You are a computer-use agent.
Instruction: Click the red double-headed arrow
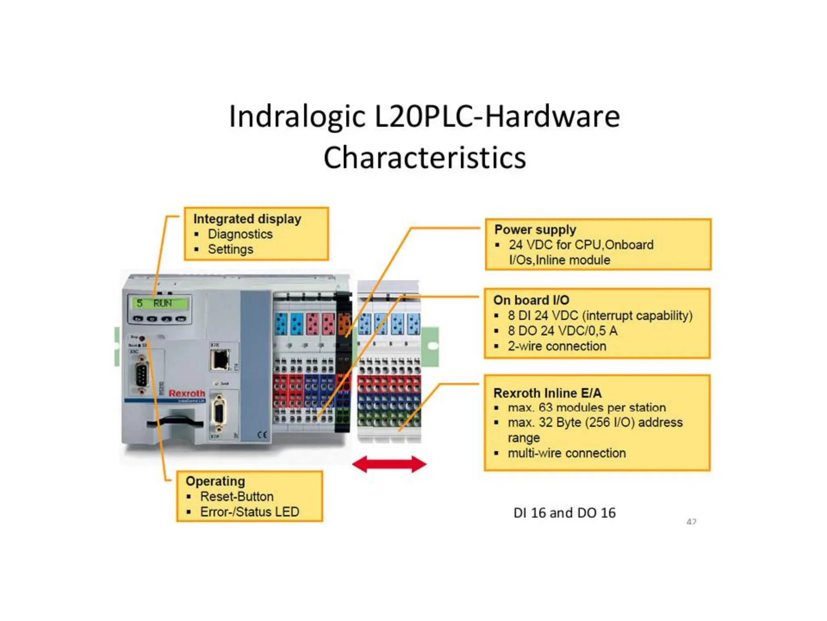click(x=389, y=464)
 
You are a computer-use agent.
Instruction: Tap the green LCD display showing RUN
click(x=160, y=303)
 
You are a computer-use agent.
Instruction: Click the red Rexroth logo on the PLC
click(x=187, y=393)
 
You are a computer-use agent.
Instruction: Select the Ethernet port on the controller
click(x=220, y=359)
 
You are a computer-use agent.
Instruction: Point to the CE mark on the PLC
click(x=262, y=435)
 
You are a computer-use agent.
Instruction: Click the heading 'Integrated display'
click(x=247, y=219)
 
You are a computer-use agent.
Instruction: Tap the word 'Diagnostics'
click(x=240, y=234)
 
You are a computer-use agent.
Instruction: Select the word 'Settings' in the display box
click(x=230, y=249)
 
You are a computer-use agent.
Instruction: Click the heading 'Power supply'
click(x=535, y=230)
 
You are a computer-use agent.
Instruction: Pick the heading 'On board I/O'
click(x=531, y=300)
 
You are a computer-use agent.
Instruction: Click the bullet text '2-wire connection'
click(x=557, y=346)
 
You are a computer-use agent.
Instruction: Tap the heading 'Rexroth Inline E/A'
click(x=547, y=393)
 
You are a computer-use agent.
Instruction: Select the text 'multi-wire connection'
click(x=567, y=453)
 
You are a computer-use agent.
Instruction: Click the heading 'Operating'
click(x=215, y=481)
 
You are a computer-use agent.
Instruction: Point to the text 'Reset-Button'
click(x=237, y=496)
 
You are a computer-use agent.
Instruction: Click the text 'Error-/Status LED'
click(x=250, y=512)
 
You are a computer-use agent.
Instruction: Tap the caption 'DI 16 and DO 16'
click(x=564, y=513)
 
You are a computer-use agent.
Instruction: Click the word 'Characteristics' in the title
click(x=424, y=158)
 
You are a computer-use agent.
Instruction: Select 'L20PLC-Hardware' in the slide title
click(x=497, y=116)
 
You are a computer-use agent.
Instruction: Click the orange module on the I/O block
click(x=344, y=323)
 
